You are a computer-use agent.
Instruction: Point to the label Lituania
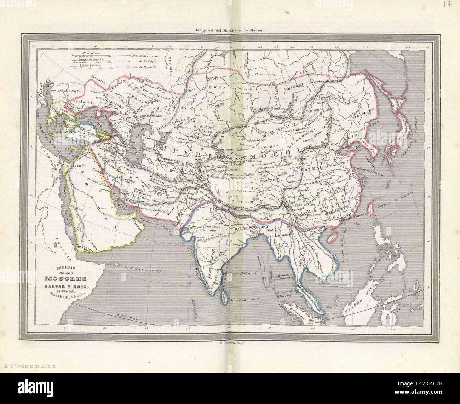98,81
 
